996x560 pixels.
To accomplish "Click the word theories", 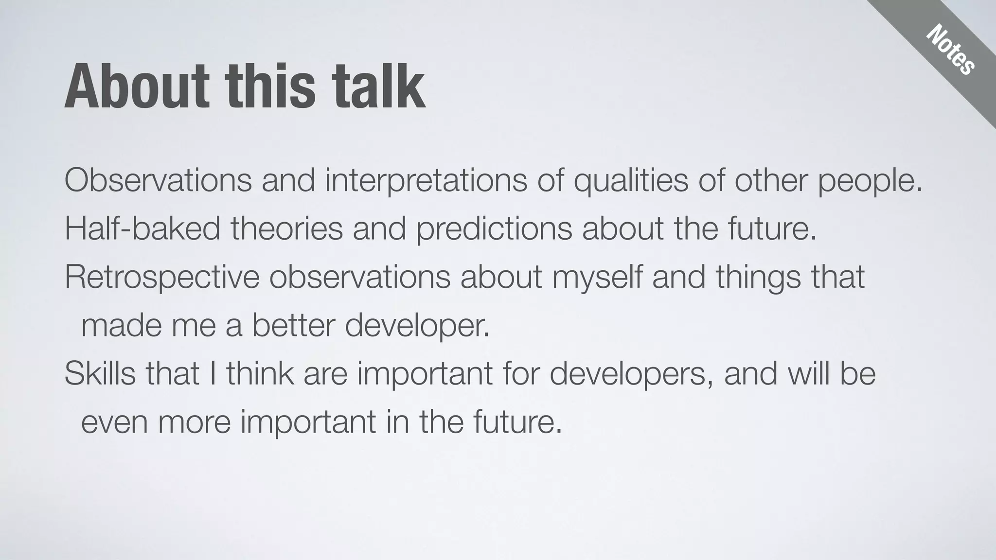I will [287, 228].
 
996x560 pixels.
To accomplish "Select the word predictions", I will [494, 228].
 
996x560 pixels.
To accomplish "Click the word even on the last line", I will [114, 422].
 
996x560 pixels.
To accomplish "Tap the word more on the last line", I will [194, 422].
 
